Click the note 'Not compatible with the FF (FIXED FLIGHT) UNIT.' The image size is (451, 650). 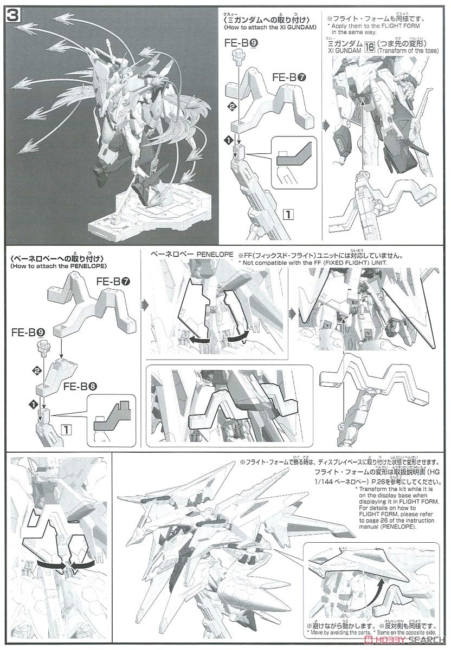tap(317, 262)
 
